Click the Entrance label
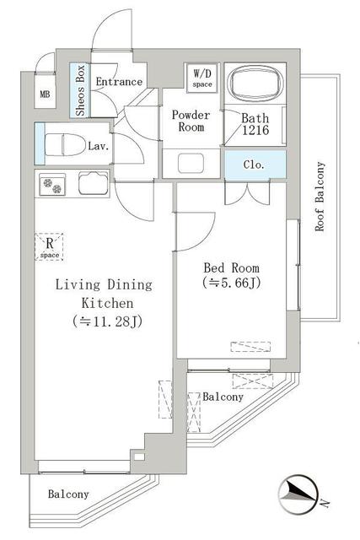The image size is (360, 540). tap(119, 82)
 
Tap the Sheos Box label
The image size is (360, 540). tap(81, 90)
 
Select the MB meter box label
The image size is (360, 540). tap(45, 94)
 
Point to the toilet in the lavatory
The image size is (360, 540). tap(65, 144)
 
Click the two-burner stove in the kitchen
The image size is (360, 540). tap(52, 185)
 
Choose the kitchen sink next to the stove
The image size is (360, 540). tap(94, 183)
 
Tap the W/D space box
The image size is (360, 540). tap(202, 78)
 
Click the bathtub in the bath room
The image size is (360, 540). tap(255, 83)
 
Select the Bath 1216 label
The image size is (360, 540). tap(255, 124)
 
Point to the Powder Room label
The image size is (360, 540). tap(191, 121)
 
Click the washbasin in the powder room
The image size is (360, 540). tap(191, 163)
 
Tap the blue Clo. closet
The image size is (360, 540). tap(255, 165)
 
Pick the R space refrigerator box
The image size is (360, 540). tap(49, 246)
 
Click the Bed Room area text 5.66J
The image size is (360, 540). tap(232, 283)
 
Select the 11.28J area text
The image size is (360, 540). tap(107, 321)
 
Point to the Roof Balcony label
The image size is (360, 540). tap(320, 197)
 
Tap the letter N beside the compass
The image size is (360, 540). tap(325, 504)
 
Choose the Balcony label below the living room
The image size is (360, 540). tap(68, 494)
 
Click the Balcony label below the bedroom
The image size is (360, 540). tap(223, 397)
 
